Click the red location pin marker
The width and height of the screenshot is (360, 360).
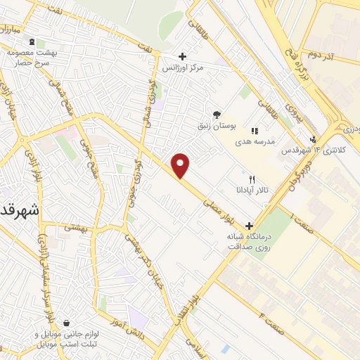pos(181,165)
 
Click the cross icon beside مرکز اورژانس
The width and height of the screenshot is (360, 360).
pos(182,56)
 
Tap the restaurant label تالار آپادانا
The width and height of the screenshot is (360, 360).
pos(252,191)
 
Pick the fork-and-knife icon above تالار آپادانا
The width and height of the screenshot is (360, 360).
pos(252,179)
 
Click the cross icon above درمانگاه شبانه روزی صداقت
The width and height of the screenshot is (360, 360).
pos(249,225)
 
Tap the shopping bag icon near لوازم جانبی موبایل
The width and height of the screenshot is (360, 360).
pos(65,323)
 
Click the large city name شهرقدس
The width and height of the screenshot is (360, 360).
pos(19,210)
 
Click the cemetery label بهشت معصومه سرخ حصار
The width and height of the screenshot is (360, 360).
pos(33,58)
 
